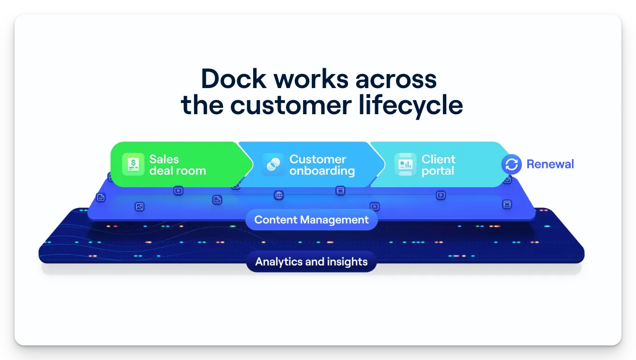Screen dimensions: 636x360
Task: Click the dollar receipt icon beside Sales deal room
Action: coord(133,165)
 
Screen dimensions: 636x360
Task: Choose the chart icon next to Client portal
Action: coord(405,165)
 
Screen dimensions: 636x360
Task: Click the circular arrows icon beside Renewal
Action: coord(512,165)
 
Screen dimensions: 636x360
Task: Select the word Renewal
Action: coord(550,165)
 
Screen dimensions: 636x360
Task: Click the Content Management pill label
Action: coord(311,220)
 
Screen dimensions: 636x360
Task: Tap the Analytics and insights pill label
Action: coord(311,262)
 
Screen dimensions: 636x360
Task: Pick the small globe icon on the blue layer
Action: coord(279,195)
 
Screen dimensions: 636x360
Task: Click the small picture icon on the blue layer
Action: coord(139,207)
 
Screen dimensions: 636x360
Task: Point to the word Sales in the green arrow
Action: coord(164,159)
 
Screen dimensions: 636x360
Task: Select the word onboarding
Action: coord(322,171)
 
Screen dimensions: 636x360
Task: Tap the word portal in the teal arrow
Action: coord(438,171)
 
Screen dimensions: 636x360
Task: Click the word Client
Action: coord(439,159)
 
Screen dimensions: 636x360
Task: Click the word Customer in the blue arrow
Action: coord(318,159)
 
